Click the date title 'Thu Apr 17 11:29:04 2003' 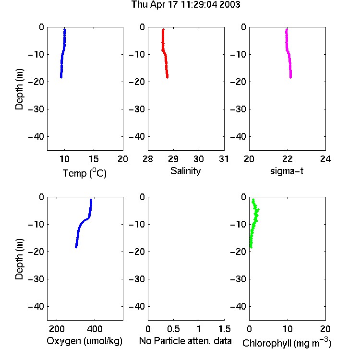(185, 4)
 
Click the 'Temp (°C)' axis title (84, 173)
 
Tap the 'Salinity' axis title (185, 171)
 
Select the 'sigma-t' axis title (287, 171)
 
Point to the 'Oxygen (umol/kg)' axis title (84, 341)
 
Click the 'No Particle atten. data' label (185, 341)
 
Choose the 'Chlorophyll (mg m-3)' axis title (287, 343)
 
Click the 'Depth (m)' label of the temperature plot (19, 89)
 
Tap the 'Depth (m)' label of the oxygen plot (19, 259)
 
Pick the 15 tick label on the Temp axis (94, 159)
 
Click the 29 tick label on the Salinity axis (173, 159)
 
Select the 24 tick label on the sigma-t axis (325, 159)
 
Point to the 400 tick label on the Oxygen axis (95, 329)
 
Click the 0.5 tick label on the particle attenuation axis (173, 329)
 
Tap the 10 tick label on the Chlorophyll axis (288, 329)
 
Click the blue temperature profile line (62, 55)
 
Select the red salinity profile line (165, 55)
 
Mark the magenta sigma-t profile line (288, 54)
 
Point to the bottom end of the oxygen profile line (76, 247)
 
